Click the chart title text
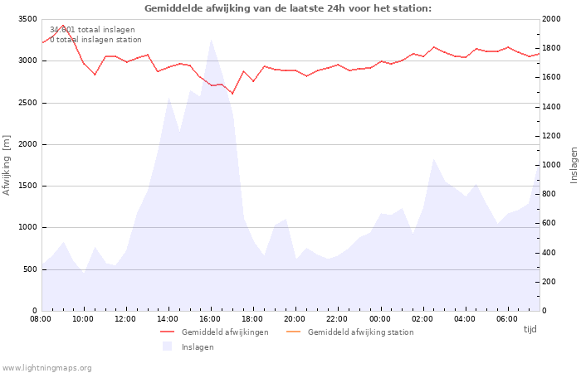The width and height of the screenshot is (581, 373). click(288, 8)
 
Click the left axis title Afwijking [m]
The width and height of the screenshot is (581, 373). click(7, 165)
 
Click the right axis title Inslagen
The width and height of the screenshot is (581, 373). click(574, 165)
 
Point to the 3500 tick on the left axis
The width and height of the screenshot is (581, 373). click(27, 19)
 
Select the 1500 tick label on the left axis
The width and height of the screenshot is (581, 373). click(27, 186)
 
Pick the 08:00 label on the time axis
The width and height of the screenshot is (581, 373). click(41, 319)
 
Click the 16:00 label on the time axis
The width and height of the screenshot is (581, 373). click(211, 319)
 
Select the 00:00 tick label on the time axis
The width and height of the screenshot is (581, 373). click(380, 319)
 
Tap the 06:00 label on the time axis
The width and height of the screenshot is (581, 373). click(507, 319)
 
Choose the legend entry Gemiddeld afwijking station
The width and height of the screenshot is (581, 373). click(360, 332)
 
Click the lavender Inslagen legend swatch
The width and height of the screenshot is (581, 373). click(167, 346)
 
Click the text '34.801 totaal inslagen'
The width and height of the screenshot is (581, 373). click(92, 30)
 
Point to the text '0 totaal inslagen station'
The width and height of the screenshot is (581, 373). click(95, 40)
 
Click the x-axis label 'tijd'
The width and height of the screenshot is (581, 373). click(530, 329)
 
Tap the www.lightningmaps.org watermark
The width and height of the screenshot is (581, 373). click(47, 368)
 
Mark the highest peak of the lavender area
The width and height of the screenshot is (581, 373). click(211, 39)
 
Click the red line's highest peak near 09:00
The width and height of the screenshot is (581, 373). click(63, 26)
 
